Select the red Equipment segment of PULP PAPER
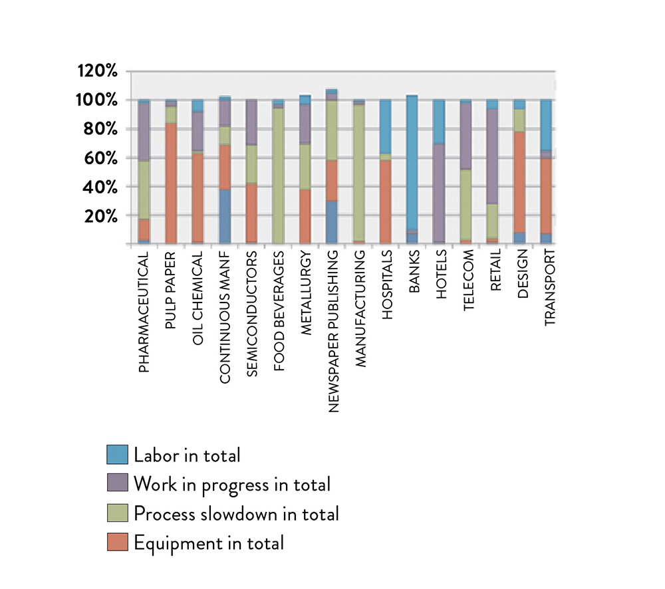tap(171, 183)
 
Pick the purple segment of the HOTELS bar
tap(438, 193)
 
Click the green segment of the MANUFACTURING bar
tap(358, 173)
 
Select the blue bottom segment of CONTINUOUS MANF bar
tap(225, 217)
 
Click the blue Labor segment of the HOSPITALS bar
tap(385, 126)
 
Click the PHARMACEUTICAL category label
tap(144, 310)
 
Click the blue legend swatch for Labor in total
tap(116, 455)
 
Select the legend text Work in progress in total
tap(232, 484)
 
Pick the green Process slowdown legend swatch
tap(116, 513)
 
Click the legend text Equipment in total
tap(209, 543)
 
